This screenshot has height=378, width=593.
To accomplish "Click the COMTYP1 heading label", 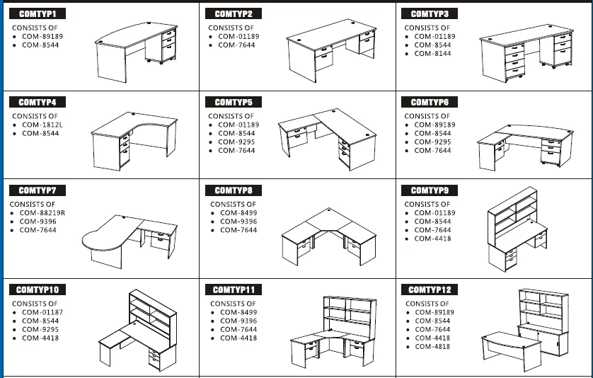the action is coord(38,13).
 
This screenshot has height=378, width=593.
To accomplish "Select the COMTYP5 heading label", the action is coord(234,102).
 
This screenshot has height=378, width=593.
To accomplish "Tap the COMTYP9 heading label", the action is coord(430,190).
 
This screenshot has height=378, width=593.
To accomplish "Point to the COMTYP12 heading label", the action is coord(430,290).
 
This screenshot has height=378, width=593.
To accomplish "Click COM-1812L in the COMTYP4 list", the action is coord(42,125).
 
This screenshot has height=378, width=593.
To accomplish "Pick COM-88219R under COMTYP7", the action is coord(42,213).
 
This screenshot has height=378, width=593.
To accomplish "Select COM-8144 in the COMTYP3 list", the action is coord(432,54).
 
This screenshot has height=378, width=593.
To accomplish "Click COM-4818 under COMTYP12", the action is coord(432,347).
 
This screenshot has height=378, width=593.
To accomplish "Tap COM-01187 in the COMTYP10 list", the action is coord(42,313).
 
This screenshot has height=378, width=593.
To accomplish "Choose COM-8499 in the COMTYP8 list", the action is coord(238,213).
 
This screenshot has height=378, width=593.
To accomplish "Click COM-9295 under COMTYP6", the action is coord(432,142).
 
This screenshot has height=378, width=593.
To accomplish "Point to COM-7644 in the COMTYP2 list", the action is coord(236,45).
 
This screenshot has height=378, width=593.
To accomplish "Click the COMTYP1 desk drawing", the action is coord(136,52).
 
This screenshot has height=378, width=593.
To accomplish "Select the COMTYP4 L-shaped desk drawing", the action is coord(134,141).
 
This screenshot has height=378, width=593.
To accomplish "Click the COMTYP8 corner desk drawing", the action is coord(328,236).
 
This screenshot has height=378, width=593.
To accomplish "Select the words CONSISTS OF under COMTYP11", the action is coord(233,304).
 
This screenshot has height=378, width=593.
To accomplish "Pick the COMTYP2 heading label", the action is coord(234,13).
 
